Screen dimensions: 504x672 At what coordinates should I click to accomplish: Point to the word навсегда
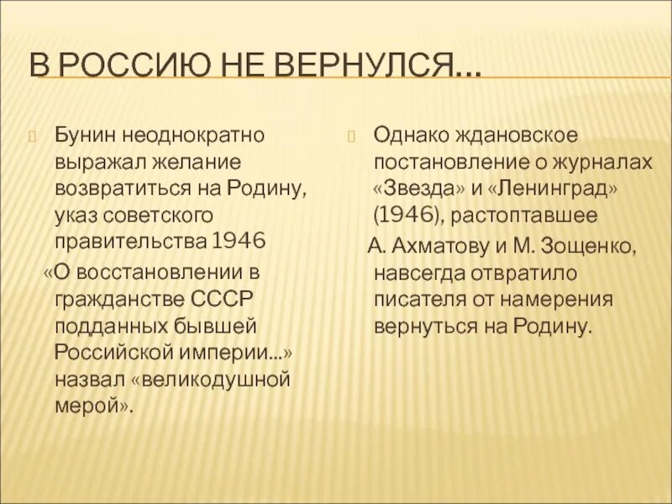pos(419,271)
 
